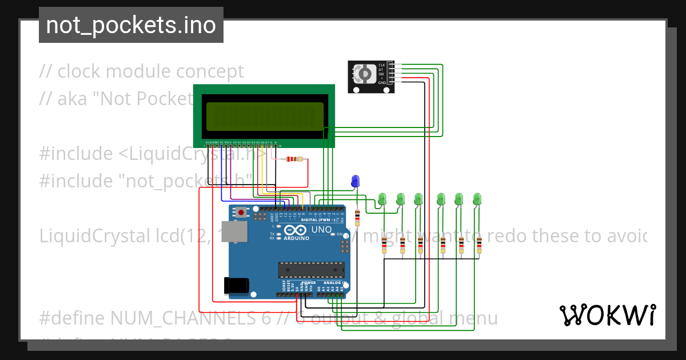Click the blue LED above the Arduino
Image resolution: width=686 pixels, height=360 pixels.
click(x=356, y=181)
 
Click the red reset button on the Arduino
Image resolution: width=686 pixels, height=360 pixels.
click(x=241, y=213)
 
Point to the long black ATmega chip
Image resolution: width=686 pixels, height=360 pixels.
click(x=311, y=269)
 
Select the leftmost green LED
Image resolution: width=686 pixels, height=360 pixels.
click(x=382, y=199)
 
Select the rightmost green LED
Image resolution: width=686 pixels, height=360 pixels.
click(x=477, y=199)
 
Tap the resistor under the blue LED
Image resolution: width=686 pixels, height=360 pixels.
click(x=358, y=217)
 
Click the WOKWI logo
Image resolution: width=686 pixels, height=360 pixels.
click(x=607, y=315)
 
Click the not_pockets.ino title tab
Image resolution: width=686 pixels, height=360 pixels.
click(x=131, y=25)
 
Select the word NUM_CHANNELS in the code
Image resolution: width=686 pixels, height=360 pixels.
click(x=190, y=318)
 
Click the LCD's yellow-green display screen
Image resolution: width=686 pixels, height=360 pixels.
click(x=264, y=116)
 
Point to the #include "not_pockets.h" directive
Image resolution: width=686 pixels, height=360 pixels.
click(x=146, y=181)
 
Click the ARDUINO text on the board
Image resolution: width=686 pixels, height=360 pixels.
click(x=296, y=238)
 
